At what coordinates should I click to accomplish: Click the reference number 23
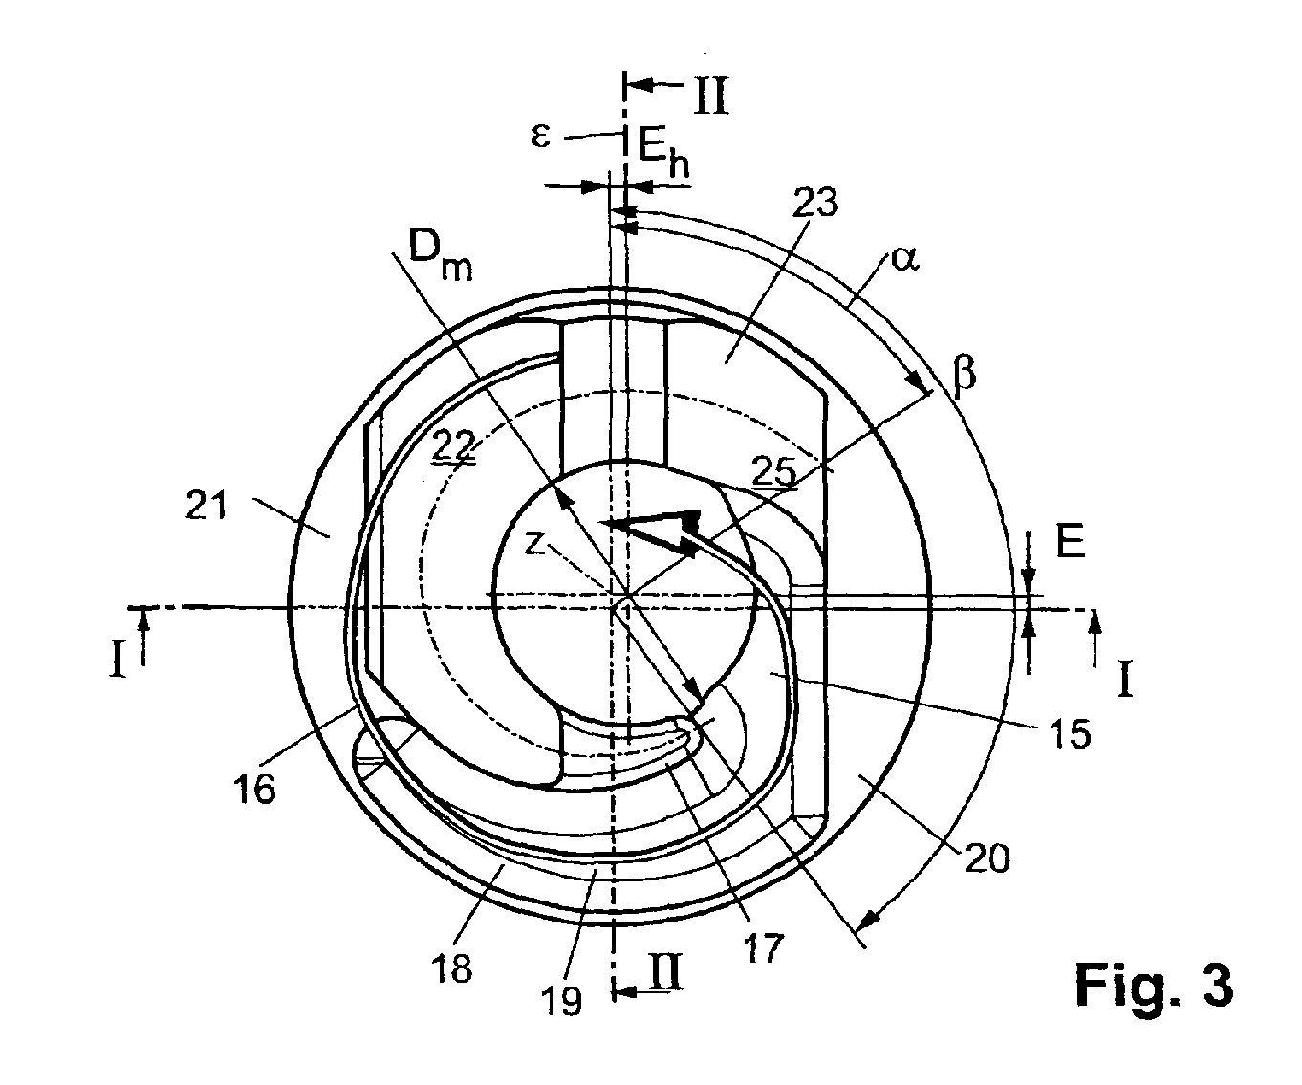[x=815, y=205]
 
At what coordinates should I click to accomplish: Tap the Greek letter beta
[x=965, y=375]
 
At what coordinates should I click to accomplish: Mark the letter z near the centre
[x=536, y=543]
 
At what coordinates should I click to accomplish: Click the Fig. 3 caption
[x=1153, y=984]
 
